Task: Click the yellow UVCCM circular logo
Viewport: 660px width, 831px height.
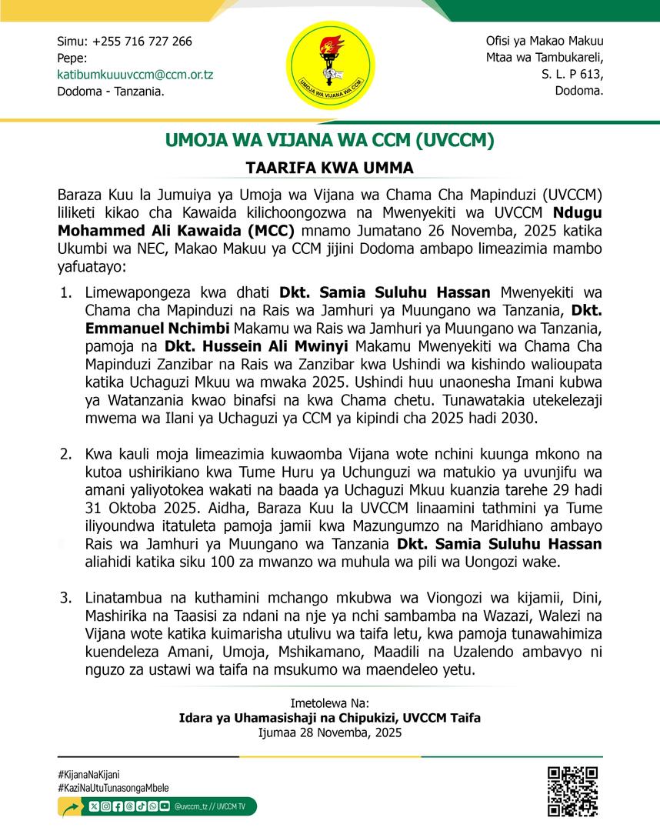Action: [331, 65]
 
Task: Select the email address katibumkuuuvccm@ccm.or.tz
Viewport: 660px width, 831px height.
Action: [135, 75]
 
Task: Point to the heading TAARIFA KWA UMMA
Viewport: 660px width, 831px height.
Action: [330, 167]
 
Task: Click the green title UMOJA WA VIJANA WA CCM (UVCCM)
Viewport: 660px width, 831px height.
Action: [330, 142]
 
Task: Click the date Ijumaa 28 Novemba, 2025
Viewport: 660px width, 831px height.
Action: [330, 733]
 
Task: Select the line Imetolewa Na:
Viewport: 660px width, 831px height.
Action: [330, 703]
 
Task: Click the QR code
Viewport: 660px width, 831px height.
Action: [572, 791]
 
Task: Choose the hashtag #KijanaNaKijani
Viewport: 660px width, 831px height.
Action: [88, 774]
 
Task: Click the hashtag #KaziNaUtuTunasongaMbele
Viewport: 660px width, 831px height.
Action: [113, 788]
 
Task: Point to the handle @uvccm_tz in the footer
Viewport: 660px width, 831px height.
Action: [192, 806]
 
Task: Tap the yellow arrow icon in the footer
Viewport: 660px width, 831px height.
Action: [72, 807]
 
